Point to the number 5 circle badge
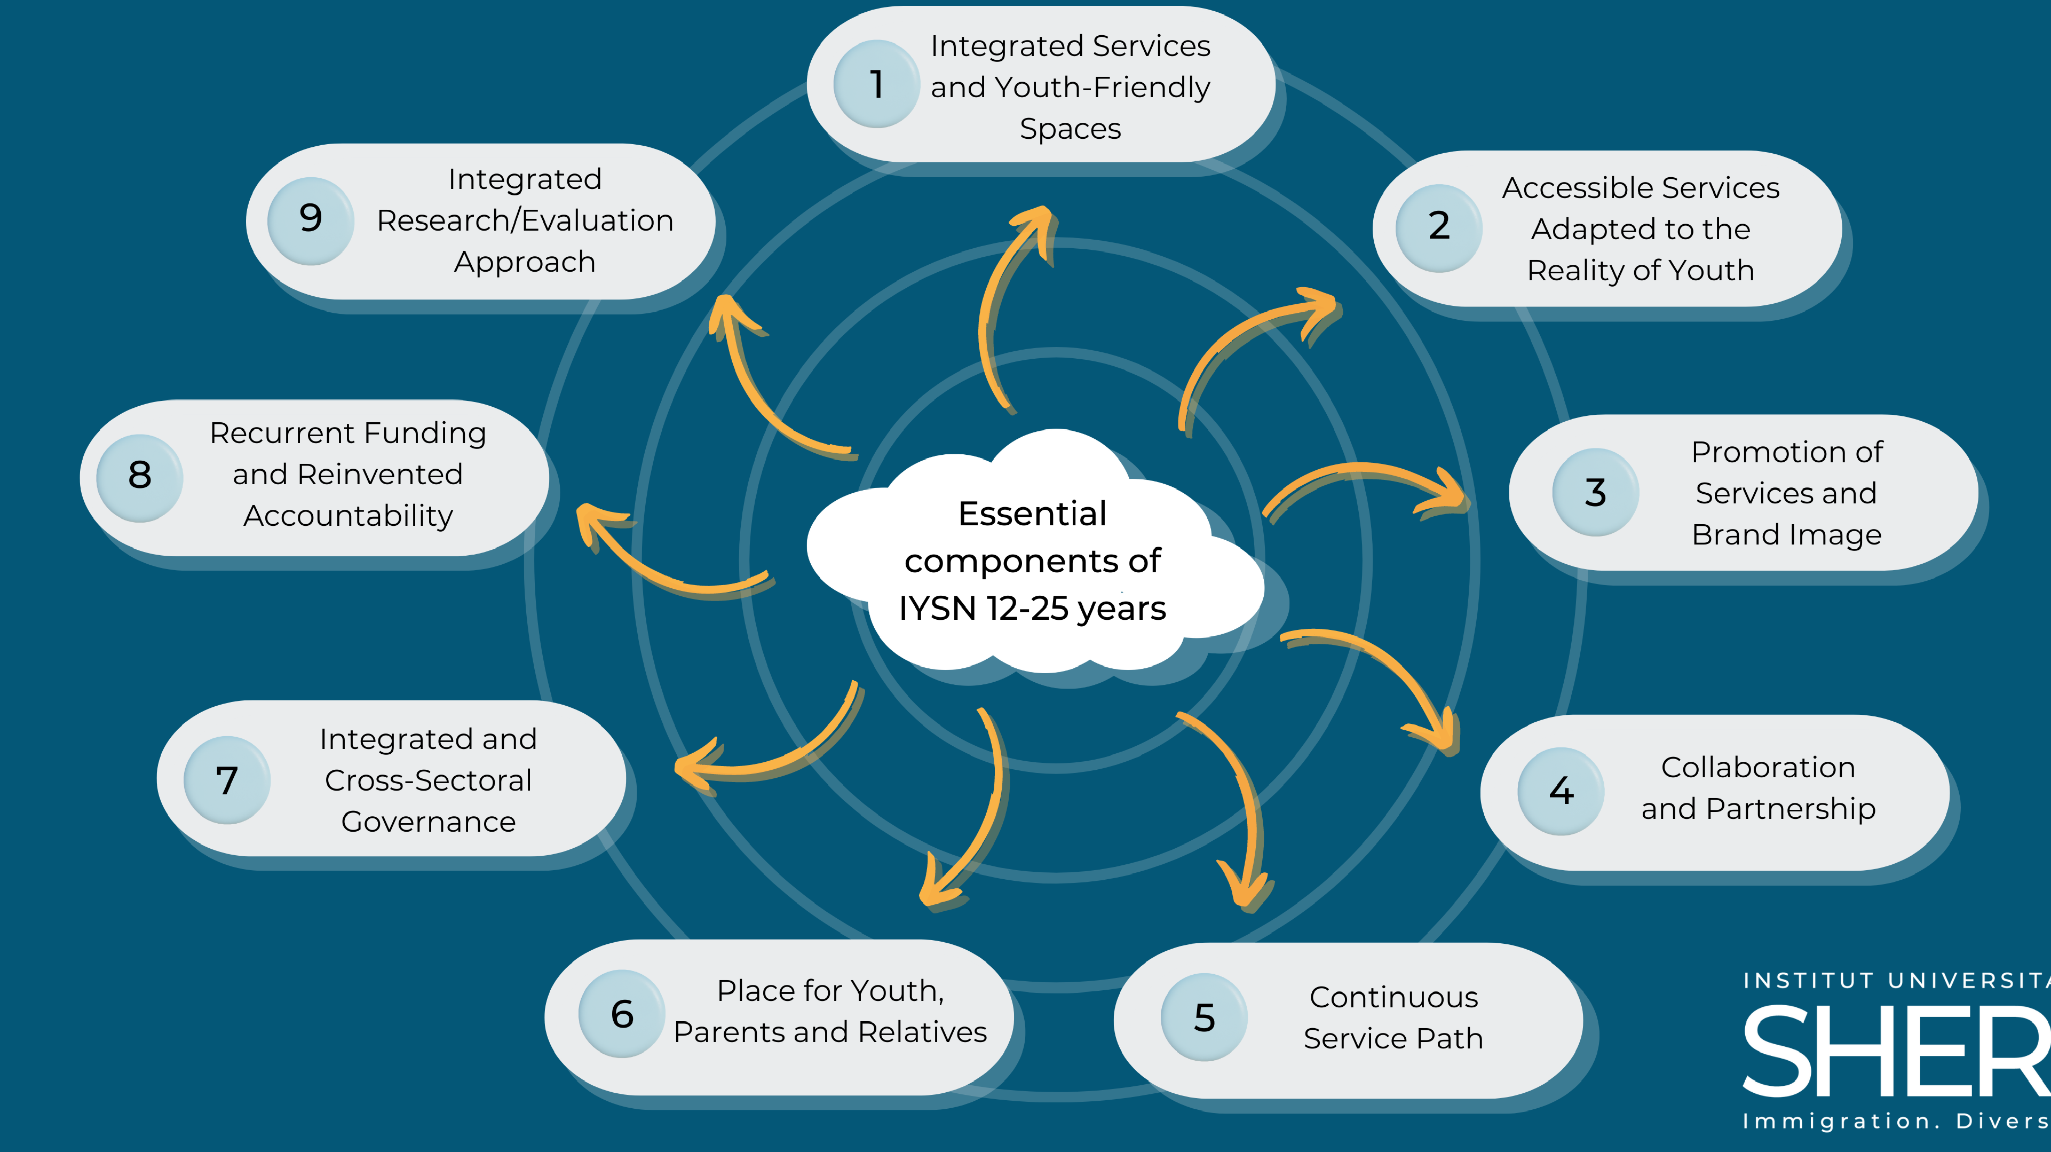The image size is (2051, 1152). tap(1204, 1016)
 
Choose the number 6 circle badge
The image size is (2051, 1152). tap(622, 1014)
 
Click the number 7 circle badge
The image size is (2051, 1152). tap(227, 779)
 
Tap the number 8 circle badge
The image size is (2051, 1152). tap(140, 477)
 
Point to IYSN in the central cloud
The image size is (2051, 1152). tap(937, 609)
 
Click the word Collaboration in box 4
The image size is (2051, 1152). tap(1758, 768)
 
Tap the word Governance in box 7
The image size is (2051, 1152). tap(429, 822)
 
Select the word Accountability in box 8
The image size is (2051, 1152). tap(348, 516)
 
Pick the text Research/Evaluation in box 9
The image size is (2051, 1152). tap(525, 220)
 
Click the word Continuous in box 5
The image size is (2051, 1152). tap(1393, 997)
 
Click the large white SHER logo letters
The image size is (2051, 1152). tap(1895, 1053)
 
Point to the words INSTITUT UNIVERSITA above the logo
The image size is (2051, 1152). tap(1895, 981)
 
